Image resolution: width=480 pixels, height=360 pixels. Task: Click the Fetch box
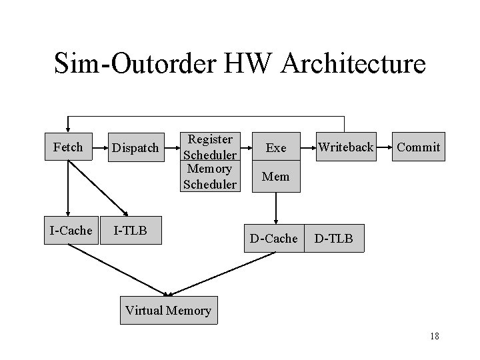click(67, 147)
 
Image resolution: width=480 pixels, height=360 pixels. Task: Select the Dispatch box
click(135, 147)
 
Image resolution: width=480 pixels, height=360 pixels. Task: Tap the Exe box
click(275, 147)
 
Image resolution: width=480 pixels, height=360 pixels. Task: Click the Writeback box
click(345, 147)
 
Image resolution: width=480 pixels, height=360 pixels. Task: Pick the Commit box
click(418, 147)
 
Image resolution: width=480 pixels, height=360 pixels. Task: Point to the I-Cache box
click(70, 231)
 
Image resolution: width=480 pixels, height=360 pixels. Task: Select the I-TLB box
click(131, 231)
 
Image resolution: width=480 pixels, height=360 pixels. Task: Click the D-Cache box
click(273, 238)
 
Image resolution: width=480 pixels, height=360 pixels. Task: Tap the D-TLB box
click(334, 238)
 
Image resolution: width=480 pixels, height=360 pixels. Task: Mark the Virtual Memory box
click(168, 310)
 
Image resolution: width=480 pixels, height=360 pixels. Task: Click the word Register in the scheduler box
click(210, 139)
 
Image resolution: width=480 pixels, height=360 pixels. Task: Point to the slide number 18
click(434, 336)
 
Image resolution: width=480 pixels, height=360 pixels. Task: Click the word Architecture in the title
click(353, 64)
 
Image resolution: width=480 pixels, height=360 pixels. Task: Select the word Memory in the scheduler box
click(210, 169)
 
